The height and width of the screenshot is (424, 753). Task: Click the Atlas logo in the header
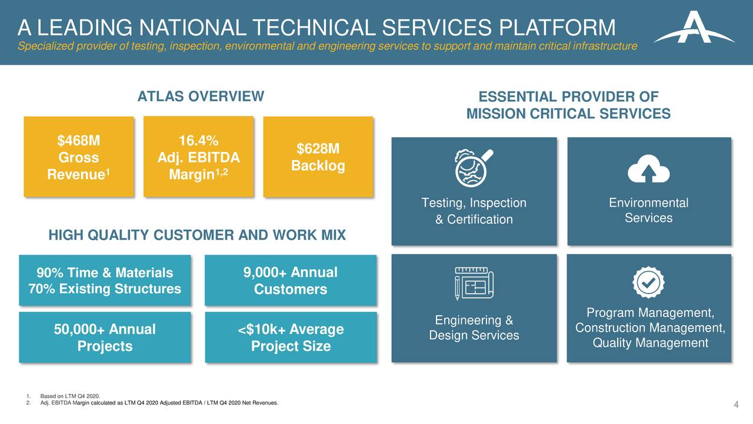pos(694,29)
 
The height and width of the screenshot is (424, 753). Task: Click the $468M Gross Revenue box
pos(79,157)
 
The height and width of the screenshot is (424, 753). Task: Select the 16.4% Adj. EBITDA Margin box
pos(198,157)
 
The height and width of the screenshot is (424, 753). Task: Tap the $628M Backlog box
pos(318,157)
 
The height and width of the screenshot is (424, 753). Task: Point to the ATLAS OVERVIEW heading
pos(201,97)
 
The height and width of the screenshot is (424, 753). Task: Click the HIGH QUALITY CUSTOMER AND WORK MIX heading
pos(197,236)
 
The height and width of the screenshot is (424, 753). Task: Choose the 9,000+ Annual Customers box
pos(290,281)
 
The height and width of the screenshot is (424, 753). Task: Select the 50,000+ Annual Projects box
pos(105,337)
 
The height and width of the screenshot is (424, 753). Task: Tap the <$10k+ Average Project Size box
pos(291,337)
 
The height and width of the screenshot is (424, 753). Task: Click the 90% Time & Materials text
pos(105,273)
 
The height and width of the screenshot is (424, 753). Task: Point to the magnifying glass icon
pos(474,166)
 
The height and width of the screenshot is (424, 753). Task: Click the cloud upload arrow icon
pos(648,170)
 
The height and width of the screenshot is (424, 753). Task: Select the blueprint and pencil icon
pos(474,284)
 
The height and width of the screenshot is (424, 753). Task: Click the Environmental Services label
pos(648,211)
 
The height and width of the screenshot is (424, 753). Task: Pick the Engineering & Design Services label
pos(474,328)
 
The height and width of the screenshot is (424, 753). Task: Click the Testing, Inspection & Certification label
pos(474,211)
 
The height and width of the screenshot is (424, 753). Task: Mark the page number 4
pos(736,404)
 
